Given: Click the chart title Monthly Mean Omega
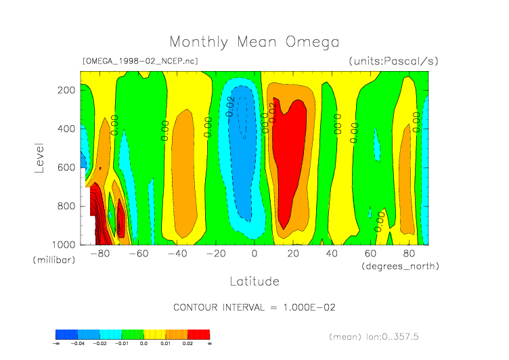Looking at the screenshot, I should click(254, 42).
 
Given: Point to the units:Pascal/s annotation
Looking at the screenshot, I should click(394, 61).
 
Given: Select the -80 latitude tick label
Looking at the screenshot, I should click(99, 254).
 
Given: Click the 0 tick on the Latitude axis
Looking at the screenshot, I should click(255, 254).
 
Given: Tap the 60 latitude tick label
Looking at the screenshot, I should click(370, 254).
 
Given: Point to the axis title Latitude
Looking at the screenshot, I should click(254, 281).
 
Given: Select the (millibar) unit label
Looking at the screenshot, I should click(53, 261).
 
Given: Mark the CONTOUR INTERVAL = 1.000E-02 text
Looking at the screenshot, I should click(255, 307).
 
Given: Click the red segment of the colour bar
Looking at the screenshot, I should click(198, 334).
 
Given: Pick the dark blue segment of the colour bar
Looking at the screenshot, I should click(66, 334).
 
